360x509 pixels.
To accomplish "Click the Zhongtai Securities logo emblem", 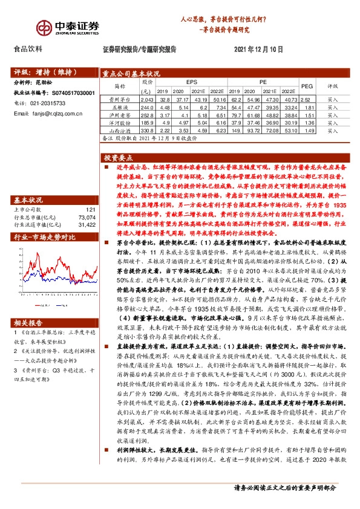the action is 43,28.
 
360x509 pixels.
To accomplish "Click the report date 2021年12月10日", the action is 257,48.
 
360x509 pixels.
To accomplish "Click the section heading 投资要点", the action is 119,156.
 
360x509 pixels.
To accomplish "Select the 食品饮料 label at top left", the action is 28,49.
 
